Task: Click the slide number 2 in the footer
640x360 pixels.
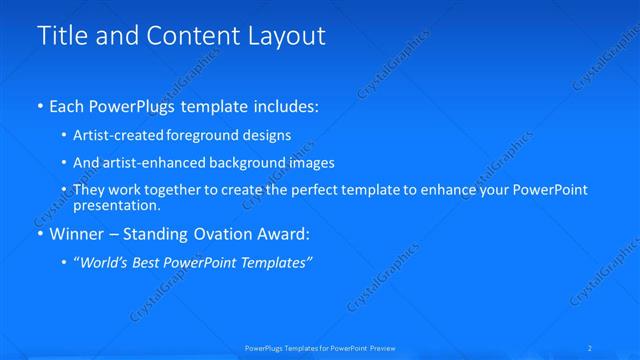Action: click(x=591, y=347)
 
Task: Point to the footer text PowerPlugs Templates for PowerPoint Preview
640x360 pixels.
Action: click(x=320, y=347)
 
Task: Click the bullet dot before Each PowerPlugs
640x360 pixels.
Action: click(x=39, y=105)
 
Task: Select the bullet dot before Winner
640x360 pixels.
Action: click(x=39, y=235)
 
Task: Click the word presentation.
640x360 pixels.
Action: click(x=116, y=206)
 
